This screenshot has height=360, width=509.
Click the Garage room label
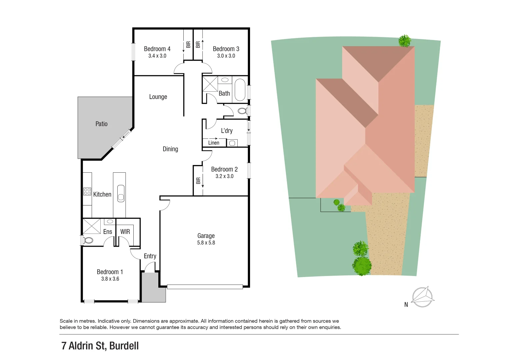(x=206, y=236)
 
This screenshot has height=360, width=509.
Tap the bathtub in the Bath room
(x=240, y=90)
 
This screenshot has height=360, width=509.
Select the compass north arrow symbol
(x=422, y=297)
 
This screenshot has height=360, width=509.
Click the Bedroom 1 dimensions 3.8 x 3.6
(x=110, y=279)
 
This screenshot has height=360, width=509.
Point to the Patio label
(x=101, y=124)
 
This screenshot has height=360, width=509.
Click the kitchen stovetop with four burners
(x=87, y=191)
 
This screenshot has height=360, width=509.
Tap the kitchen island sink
(x=121, y=193)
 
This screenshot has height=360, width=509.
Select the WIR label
(x=125, y=232)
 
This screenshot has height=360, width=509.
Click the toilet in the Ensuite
(x=88, y=240)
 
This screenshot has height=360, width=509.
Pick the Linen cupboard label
(x=214, y=143)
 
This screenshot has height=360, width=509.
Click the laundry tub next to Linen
(x=232, y=143)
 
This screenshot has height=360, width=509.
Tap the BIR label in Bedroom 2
(x=198, y=181)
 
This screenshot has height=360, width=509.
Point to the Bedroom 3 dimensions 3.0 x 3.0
(x=226, y=56)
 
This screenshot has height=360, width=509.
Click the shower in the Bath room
(x=210, y=84)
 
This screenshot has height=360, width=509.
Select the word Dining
(x=170, y=149)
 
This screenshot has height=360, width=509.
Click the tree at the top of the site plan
(x=405, y=41)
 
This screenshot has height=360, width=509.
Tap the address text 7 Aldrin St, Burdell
(x=100, y=346)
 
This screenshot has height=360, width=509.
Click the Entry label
(x=150, y=256)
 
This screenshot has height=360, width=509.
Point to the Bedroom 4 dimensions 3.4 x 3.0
(x=157, y=56)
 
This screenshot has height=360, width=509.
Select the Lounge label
(x=158, y=97)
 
